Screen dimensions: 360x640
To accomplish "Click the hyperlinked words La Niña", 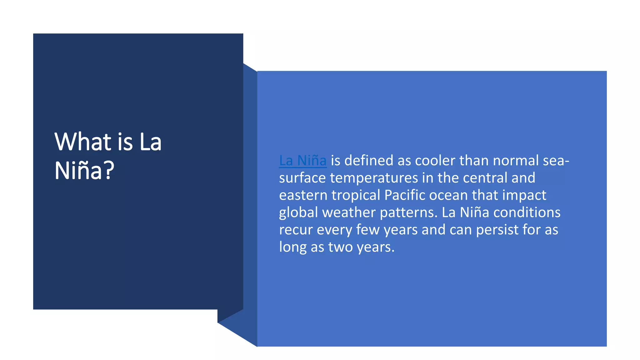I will [x=302, y=161].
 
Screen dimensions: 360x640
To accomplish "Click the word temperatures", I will [x=374, y=178].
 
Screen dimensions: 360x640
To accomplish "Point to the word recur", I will [x=296, y=230].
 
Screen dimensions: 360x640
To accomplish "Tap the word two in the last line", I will [x=340, y=247].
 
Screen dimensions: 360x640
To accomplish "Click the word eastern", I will [x=303, y=195].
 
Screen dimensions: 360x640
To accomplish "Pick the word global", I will [x=298, y=212].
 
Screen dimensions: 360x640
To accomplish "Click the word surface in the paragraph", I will [x=302, y=178].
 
